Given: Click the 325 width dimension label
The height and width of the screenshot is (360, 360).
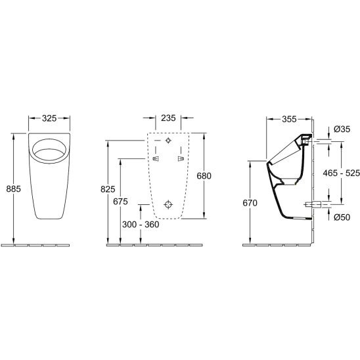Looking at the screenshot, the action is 49,118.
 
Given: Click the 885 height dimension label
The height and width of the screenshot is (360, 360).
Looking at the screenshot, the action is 14,189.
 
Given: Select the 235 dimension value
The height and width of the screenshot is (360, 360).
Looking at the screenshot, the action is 168,118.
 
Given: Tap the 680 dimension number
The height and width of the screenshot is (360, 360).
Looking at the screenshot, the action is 204,176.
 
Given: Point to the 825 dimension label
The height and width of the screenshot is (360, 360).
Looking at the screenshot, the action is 108,189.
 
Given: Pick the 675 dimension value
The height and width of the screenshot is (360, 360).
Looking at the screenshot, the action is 120,202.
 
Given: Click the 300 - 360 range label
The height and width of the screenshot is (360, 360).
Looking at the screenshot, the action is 141,225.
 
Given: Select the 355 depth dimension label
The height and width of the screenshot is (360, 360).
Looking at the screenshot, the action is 289,120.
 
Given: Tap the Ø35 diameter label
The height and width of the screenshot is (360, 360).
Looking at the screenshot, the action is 342,129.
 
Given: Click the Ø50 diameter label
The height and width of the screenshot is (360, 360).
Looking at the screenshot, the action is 342,217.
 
